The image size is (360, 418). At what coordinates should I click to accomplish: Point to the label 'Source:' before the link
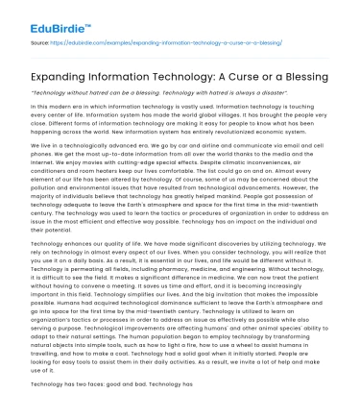(x=41, y=44)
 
